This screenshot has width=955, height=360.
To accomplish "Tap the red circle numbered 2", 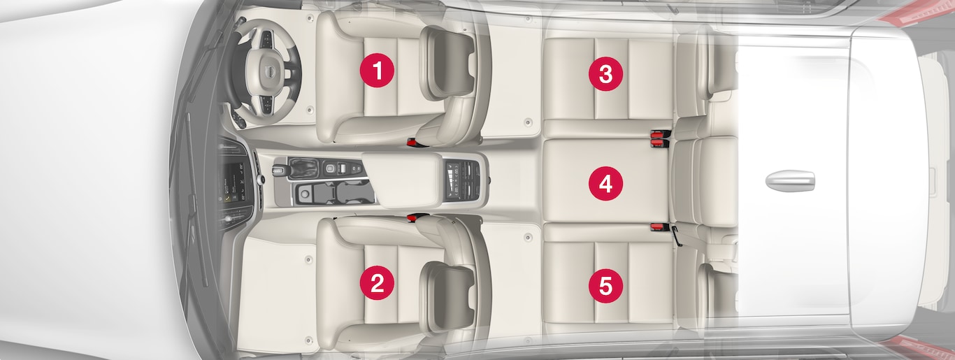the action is point(377,283).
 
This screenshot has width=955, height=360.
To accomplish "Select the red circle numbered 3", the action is point(605,73).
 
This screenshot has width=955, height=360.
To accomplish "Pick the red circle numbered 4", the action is point(605,184).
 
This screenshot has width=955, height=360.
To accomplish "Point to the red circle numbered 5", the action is point(605,286).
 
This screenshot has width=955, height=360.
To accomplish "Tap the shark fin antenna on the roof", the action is point(790,180).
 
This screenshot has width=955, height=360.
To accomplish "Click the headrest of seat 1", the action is point(447,63).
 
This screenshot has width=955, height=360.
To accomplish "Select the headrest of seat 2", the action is point(447,296).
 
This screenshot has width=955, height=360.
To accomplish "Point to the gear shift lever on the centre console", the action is point(278,171).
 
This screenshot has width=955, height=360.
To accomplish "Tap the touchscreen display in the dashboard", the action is point(234,182).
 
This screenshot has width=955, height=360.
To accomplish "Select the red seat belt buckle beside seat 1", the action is point(414,142).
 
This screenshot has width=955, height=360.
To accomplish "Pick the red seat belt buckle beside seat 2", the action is point(414,217).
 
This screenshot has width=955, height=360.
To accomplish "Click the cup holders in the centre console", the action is point(335,192).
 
